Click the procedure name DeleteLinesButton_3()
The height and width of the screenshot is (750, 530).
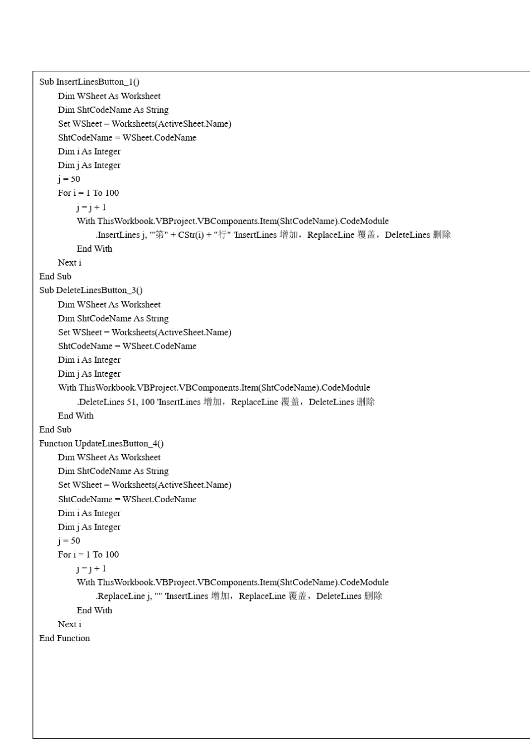click(99, 290)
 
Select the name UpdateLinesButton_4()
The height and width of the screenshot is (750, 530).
click(119, 444)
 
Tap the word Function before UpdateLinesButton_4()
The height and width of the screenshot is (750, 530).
click(56, 444)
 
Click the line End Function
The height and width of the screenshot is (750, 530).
click(65, 638)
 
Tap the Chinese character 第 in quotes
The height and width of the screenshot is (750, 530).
click(160, 235)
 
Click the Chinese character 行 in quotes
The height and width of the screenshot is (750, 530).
click(223, 235)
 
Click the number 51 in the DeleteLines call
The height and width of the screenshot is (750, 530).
click(132, 402)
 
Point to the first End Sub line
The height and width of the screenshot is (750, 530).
click(55, 276)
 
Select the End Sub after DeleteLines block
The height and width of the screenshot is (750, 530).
click(55, 430)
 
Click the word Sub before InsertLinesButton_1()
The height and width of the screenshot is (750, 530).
click(46, 82)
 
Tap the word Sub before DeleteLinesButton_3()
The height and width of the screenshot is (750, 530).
click(46, 290)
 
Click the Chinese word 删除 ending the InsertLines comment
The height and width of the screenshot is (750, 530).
click(442, 235)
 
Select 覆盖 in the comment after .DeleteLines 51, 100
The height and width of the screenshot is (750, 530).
click(290, 402)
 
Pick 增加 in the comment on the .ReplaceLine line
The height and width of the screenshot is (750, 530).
click(220, 596)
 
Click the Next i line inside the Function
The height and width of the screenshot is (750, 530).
click(70, 624)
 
